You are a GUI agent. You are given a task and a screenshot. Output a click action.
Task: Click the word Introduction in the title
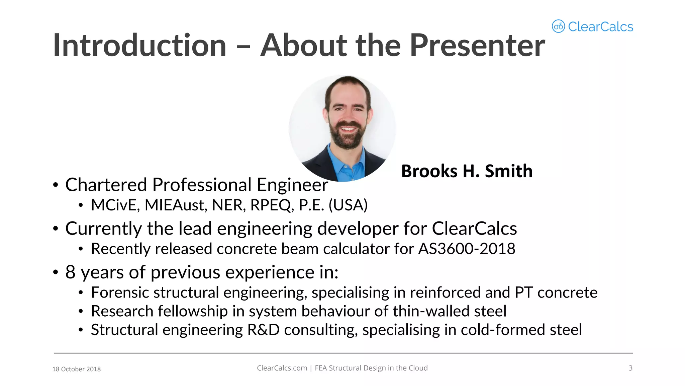click(x=140, y=46)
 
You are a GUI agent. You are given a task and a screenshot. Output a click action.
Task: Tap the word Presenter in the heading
click(x=477, y=46)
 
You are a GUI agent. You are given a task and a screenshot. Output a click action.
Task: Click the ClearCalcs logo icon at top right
click(x=558, y=26)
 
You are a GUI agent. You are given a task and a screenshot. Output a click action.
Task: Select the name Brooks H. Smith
click(x=467, y=171)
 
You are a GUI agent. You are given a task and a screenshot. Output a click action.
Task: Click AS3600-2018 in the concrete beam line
click(x=467, y=249)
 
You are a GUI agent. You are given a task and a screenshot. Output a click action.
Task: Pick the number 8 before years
click(x=70, y=272)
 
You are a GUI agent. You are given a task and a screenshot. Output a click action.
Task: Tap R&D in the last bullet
click(x=263, y=330)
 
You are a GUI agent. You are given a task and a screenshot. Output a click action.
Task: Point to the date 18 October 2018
click(x=76, y=369)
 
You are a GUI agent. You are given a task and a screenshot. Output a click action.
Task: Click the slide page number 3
click(x=630, y=368)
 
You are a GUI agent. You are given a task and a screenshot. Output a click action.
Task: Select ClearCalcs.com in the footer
click(x=282, y=368)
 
